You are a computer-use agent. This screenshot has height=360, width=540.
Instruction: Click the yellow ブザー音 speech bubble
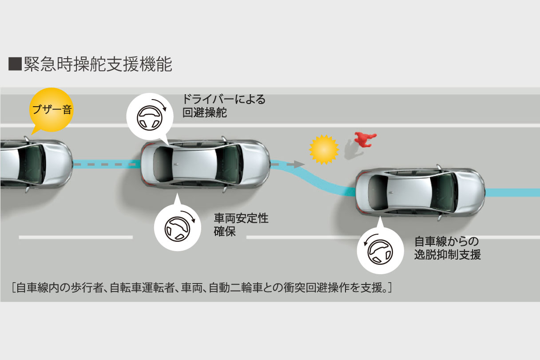(x=51, y=109)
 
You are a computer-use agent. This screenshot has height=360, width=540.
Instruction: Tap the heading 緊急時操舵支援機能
(x=98, y=65)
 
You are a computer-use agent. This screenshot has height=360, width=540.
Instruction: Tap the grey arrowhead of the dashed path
(x=298, y=164)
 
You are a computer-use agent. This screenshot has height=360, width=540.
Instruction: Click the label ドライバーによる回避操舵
(x=224, y=106)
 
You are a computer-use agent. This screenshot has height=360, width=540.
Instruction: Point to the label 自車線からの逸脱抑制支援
(x=447, y=248)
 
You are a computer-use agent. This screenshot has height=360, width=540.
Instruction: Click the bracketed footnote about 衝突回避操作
(x=202, y=288)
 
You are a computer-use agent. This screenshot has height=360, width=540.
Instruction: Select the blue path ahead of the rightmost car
(x=511, y=193)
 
